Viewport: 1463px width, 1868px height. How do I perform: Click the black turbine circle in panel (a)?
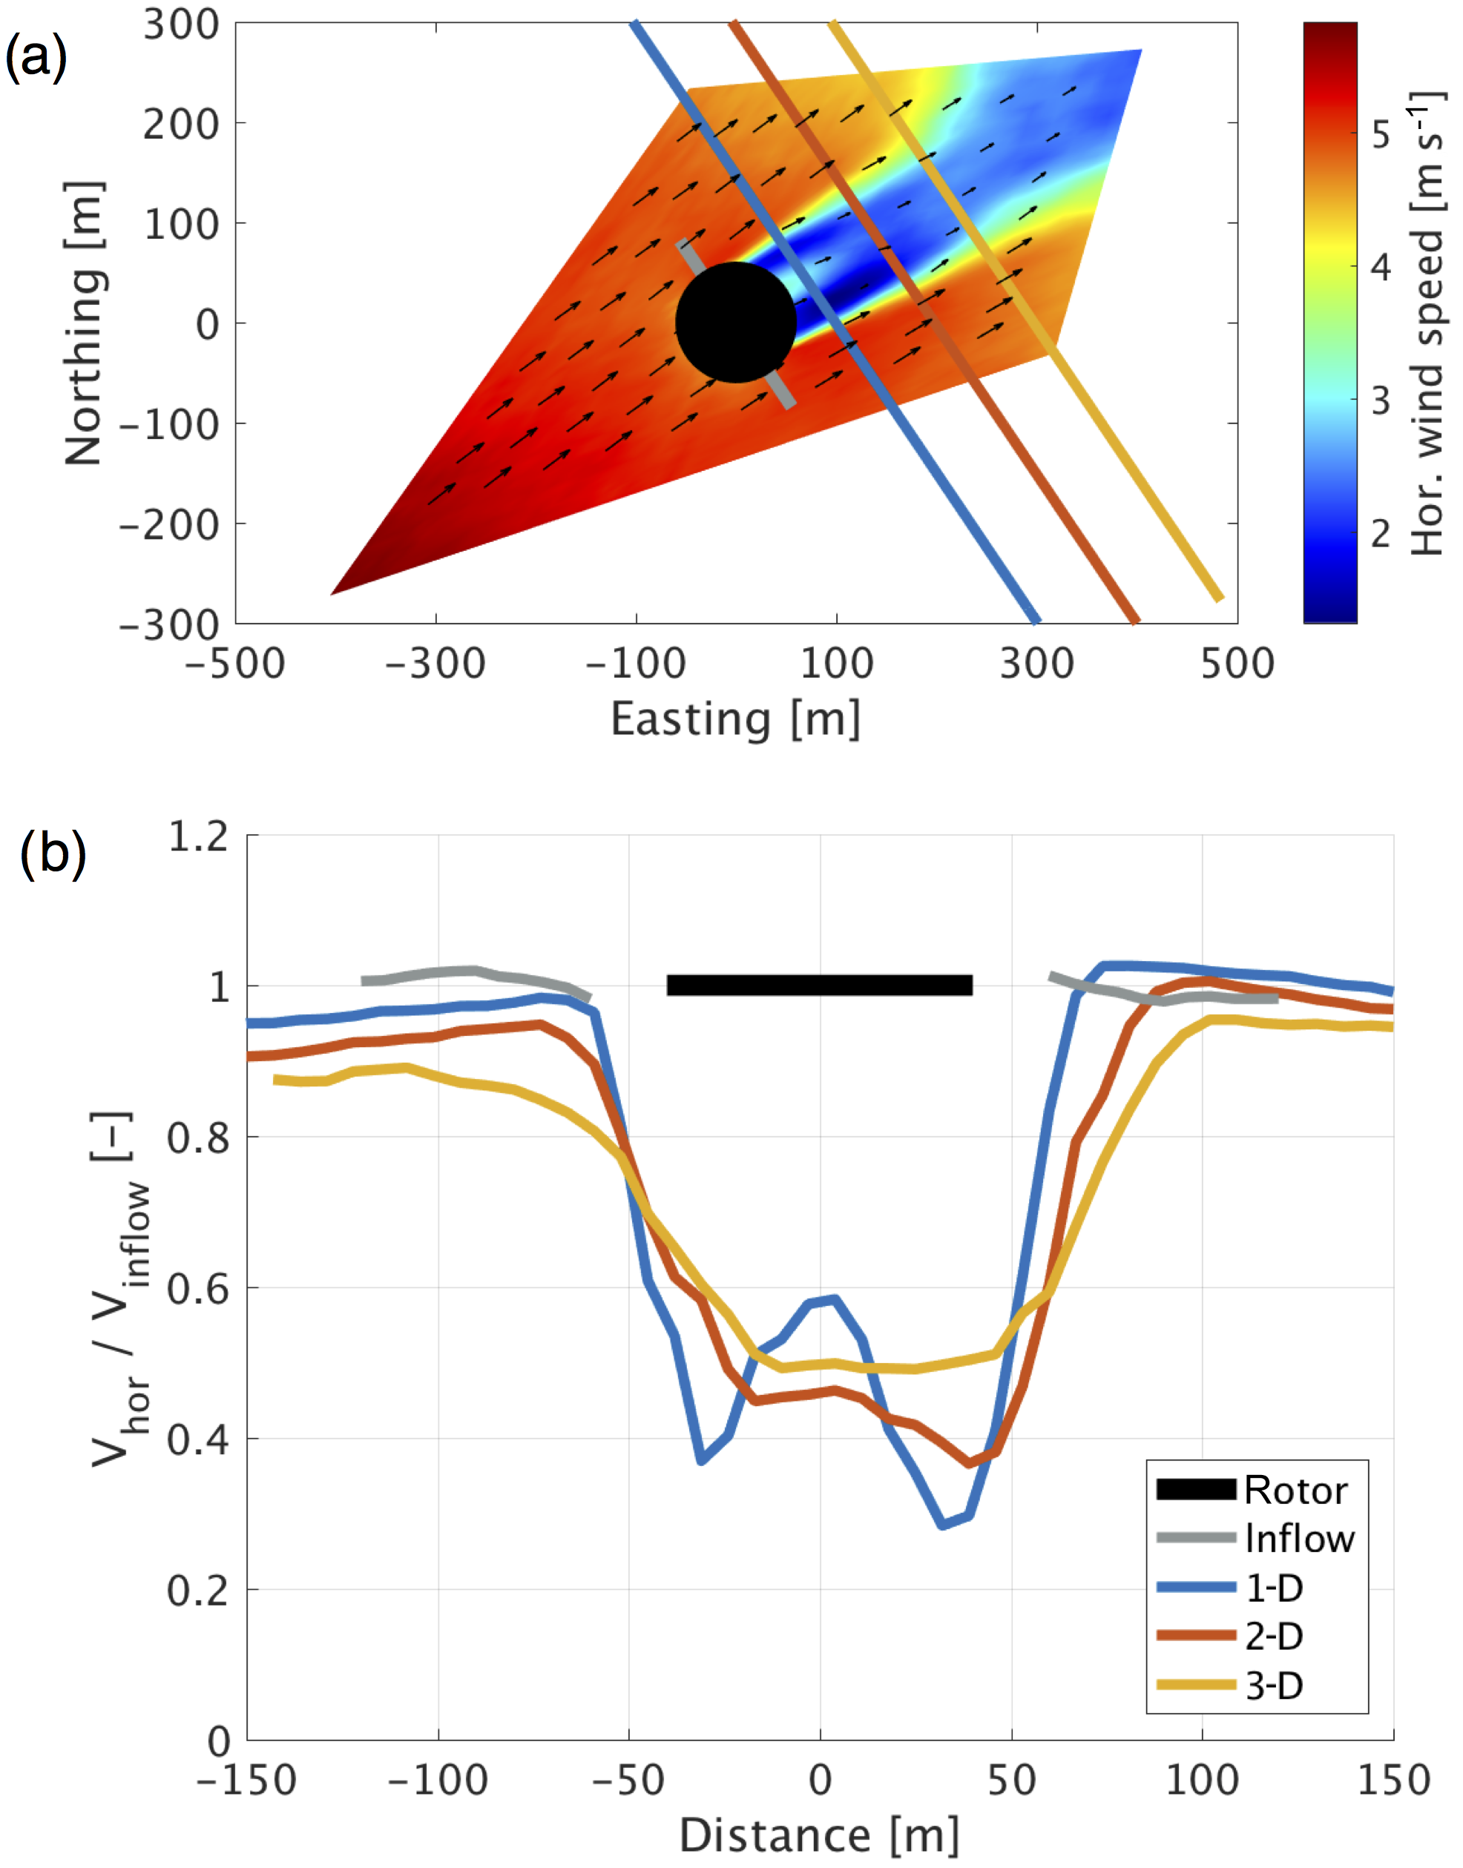(736, 322)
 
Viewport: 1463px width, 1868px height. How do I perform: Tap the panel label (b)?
(53, 853)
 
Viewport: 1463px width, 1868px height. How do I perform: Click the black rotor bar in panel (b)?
(819, 985)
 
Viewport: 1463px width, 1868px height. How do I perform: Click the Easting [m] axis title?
(735, 719)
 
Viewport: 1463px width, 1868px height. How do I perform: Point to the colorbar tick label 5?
(1381, 134)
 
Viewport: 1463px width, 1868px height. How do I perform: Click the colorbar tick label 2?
(1381, 534)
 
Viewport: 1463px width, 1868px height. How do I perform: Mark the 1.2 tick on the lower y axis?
(199, 836)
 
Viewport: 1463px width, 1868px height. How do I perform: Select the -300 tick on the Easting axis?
(435, 664)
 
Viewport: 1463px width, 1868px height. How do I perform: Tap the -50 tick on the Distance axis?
(628, 1780)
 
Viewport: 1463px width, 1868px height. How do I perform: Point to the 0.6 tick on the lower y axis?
(199, 1288)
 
